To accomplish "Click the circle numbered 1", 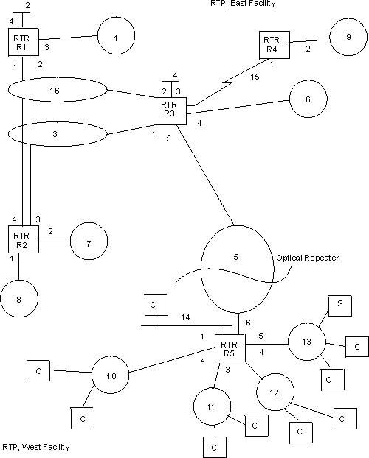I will [115, 36].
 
